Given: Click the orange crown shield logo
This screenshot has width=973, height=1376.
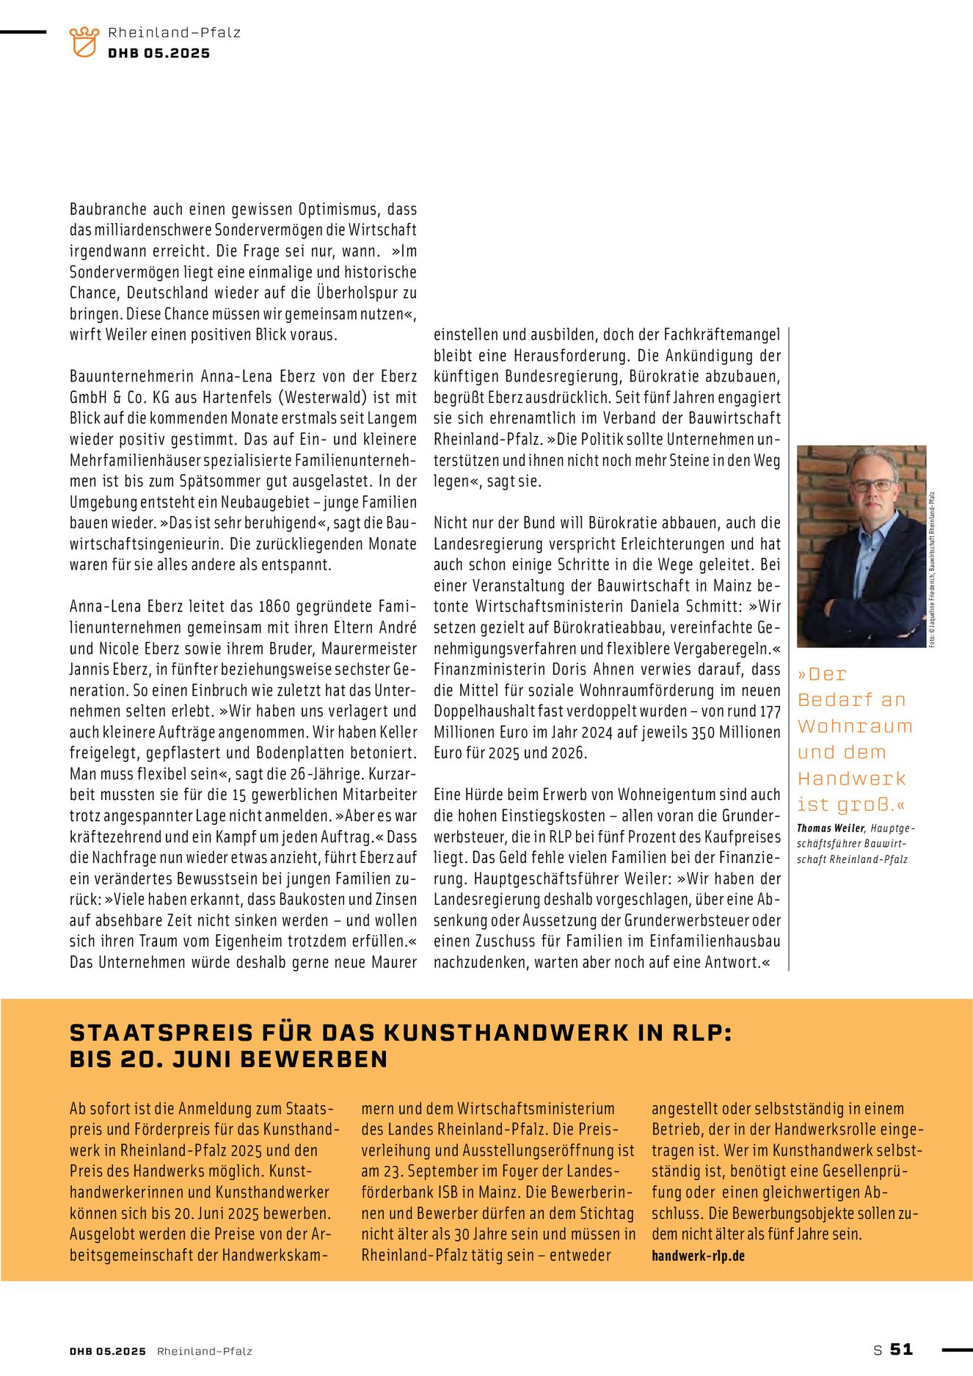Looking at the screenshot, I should [84, 42].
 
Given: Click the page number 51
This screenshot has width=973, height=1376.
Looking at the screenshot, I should [902, 1349].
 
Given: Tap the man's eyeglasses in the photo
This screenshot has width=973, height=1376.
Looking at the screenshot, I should [873, 485].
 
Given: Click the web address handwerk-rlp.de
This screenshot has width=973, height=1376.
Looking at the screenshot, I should [698, 1256].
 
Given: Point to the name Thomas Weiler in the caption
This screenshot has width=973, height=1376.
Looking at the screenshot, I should [831, 829].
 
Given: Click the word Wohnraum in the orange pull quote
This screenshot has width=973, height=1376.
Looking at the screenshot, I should [855, 726].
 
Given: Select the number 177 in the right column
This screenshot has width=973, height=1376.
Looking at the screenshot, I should [770, 712].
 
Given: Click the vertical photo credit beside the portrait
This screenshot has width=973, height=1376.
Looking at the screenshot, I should [932, 569].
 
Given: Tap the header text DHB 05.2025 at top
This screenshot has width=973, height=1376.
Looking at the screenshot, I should [158, 54].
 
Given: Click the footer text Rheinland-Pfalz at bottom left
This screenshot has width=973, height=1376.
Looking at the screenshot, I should [205, 1351].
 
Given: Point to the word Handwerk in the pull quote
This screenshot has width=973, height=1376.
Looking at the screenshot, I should [851, 778].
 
